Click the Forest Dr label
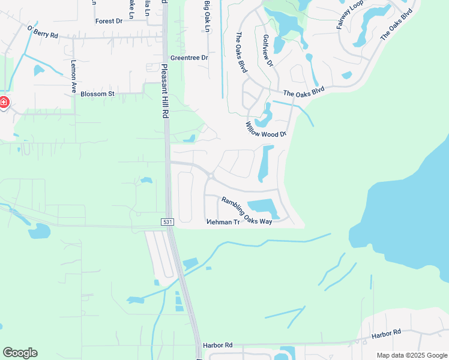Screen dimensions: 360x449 [x=109, y=21]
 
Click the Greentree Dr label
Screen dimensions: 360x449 [x=188, y=58]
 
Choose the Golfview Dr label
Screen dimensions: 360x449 [x=268, y=50]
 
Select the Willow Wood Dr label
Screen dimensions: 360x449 [x=266, y=130]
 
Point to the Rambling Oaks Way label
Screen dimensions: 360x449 [x=247, y=211]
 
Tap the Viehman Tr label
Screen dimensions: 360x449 [x=223, y=222]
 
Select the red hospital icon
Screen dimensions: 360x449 [x=4, y=103]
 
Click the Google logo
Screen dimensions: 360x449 [x=20, y=353]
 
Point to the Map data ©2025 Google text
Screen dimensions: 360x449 [x=412, y=355]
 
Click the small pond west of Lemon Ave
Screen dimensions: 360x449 [x=39, y=70]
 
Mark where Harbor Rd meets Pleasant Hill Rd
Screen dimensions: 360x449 [x=197, y=345]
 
